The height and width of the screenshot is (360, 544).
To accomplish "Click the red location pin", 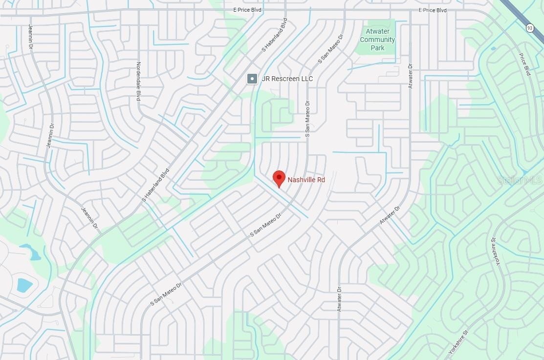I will pos(279,178).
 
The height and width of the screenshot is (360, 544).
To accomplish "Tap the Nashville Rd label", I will pos(306,180).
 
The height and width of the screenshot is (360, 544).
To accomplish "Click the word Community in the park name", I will pos(377,40).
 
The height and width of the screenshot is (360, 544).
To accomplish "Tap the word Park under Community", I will pos(377,48).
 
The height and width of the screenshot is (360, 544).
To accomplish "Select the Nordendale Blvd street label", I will pos(138,82).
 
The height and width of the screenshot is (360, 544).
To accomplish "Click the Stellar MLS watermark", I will pos(520,180).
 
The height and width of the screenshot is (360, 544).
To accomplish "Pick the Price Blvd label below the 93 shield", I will pos(524,64).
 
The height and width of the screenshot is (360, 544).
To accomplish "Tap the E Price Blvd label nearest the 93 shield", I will pos(433,10).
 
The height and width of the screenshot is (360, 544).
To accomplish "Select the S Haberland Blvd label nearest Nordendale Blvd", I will pos(155,185).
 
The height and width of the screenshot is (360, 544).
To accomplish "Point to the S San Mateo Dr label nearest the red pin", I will pos(266,225).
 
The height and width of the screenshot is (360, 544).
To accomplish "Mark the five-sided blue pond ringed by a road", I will pos(24,285).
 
